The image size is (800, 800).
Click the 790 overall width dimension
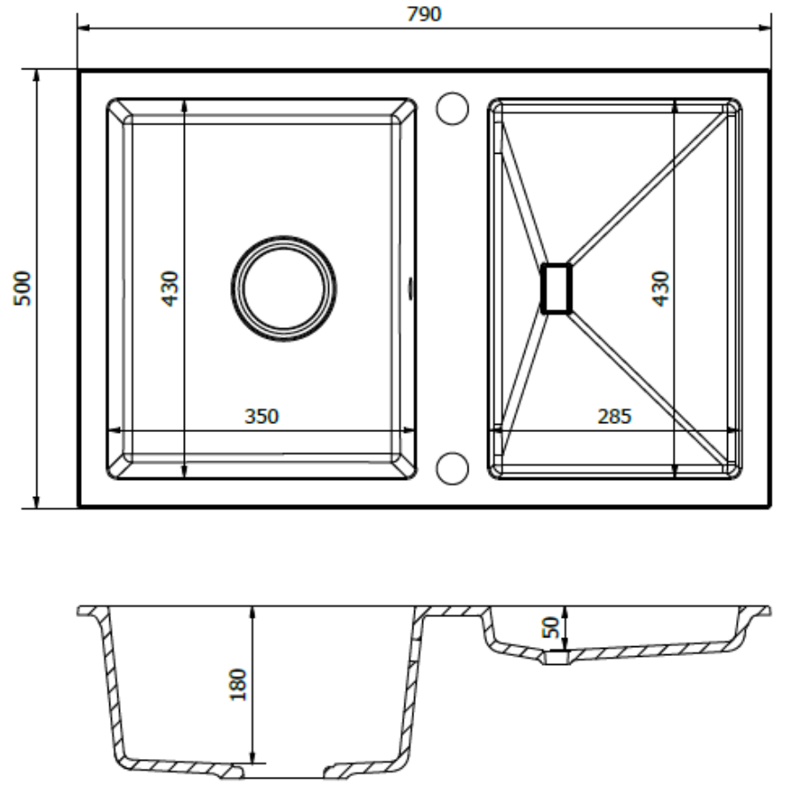423,13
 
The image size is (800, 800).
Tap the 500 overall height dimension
22,289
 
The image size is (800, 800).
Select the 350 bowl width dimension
261,416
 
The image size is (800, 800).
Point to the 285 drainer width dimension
614,416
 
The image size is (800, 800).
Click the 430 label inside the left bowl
170,289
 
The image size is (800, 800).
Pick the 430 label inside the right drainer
660,289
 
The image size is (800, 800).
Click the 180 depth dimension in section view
238,684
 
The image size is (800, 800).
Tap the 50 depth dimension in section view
551,627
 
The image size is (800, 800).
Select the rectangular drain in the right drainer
556,288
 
